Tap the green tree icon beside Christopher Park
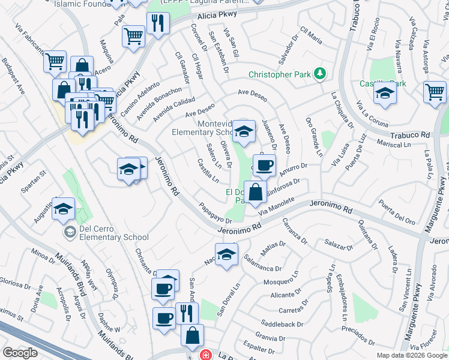(321, 73)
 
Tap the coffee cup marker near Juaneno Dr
(264, 165)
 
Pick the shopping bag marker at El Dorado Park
(255, 192)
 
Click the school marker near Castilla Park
(385, 93)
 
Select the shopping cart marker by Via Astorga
(435, 92)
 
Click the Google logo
(20, 353)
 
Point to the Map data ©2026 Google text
(412, 355)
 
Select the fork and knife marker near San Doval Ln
(187, 313)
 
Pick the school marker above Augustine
(63, 208)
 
